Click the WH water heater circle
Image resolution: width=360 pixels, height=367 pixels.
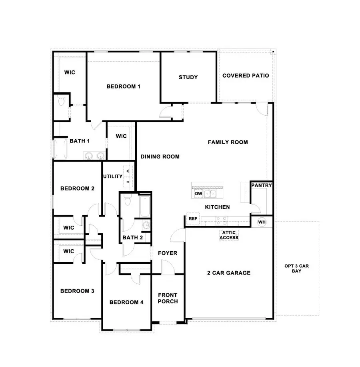coord(262,222)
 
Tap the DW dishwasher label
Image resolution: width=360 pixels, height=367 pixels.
coord(198,194)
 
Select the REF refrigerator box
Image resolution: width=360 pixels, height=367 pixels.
coord(193,219)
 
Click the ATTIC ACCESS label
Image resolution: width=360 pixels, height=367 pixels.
coord(229,235)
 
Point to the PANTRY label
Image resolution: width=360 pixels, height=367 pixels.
coord(262,185)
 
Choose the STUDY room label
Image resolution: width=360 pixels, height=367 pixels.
coord(188,77)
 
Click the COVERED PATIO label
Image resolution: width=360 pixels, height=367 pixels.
coord(246,75)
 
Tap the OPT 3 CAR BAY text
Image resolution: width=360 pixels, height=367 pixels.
coord(296,268)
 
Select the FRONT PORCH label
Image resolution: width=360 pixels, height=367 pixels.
coord(168,298)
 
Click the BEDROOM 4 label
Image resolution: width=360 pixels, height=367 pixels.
coord(126,302)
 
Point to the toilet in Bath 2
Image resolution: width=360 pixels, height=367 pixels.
coord(128,201)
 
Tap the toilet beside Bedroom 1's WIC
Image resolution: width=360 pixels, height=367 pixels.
coord(61,101)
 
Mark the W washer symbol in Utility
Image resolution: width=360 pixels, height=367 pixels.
coord(128,171)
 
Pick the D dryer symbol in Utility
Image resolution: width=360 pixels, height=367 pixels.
coord(128,181)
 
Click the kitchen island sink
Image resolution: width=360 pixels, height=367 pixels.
coord(210,194)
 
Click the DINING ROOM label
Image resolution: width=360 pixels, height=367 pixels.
coord(160,156)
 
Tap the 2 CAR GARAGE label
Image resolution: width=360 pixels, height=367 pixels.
coord(229,273)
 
